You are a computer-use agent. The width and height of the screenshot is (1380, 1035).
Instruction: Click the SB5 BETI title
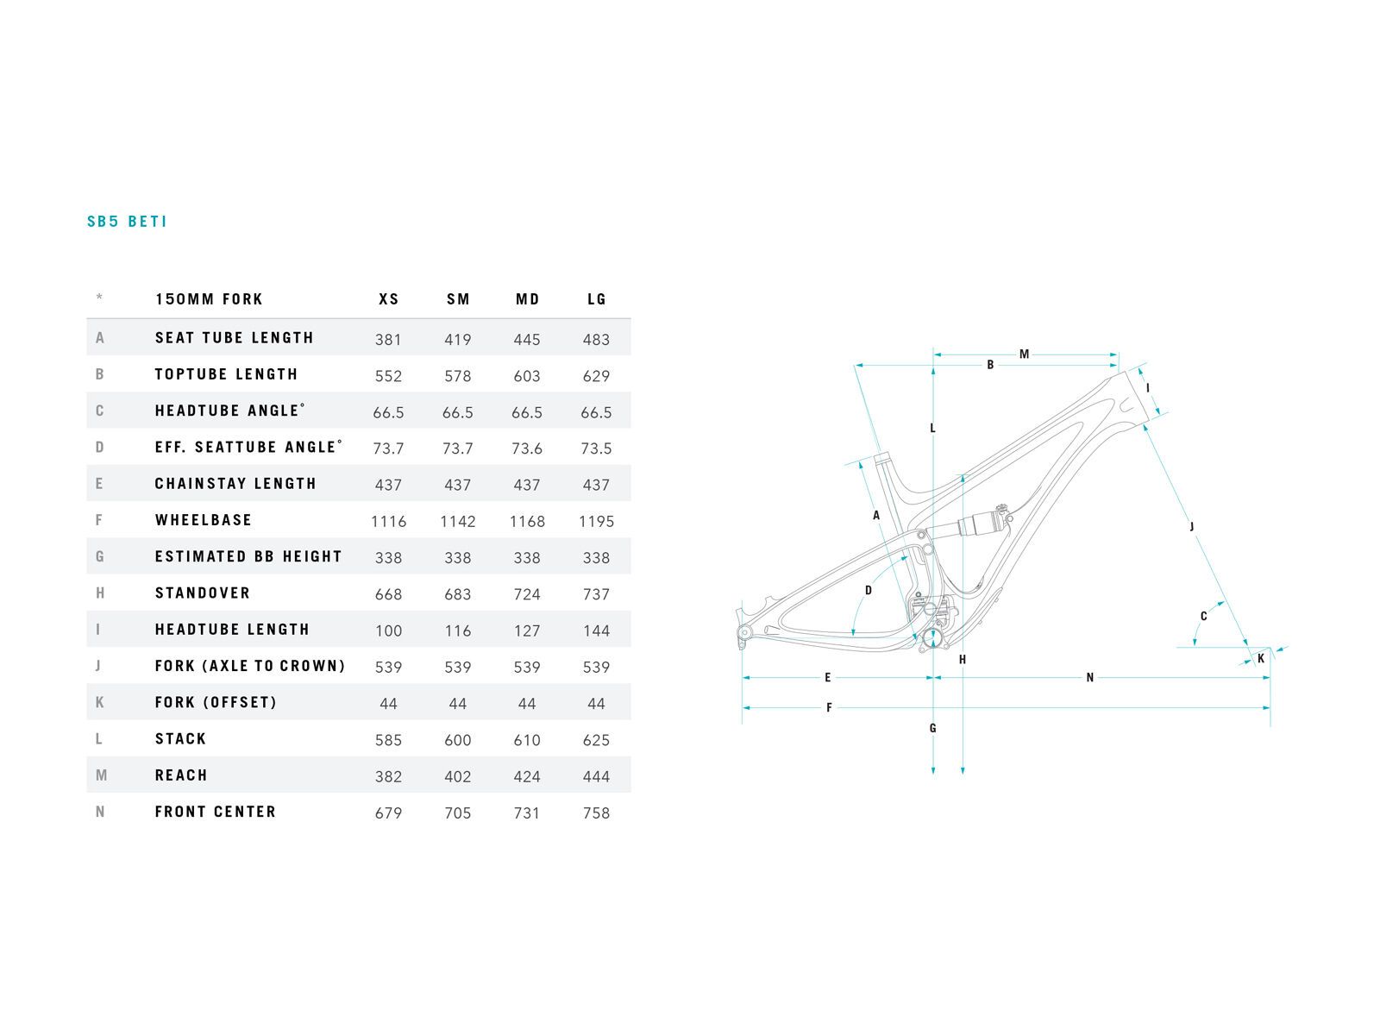127,222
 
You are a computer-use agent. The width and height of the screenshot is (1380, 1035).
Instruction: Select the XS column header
389,299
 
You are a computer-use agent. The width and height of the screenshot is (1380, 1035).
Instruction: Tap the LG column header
597,299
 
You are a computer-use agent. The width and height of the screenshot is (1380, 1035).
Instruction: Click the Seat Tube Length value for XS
388,339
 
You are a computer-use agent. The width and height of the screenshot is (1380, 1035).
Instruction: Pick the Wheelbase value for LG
596,521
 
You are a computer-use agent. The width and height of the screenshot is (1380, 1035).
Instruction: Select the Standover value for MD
527,594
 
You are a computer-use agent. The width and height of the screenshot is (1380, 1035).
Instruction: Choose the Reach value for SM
458,776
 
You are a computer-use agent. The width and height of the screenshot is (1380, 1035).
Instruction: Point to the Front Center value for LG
596,812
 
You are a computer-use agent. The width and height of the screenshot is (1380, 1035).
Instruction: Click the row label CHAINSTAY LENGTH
235,484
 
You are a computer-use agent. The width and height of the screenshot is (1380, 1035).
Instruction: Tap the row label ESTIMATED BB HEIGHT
248,556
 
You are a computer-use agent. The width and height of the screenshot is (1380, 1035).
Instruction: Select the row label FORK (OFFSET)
216,702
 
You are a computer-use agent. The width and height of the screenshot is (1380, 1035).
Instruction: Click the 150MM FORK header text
209,299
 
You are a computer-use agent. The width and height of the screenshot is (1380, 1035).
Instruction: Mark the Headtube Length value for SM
458,630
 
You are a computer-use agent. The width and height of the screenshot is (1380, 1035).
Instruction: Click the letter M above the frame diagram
1024,354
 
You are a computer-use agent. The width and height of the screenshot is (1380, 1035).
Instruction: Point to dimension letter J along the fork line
1192,526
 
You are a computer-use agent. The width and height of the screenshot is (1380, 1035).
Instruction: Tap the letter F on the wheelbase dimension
829,708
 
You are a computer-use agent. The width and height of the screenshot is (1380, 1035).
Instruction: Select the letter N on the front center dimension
1089,678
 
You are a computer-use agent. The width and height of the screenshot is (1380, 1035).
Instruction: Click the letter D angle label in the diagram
869,590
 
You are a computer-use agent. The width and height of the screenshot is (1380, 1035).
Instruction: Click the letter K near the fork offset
1260,659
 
